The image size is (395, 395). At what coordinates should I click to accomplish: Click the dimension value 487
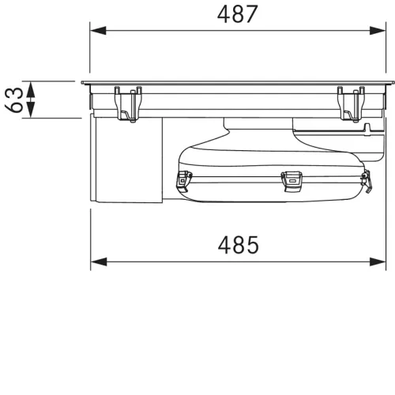tap(237, 14)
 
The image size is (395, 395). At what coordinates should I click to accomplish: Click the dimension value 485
tap(239, 245)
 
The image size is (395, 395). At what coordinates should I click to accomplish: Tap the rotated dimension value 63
tap(14, 100)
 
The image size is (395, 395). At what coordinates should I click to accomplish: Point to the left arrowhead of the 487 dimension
tap(98, 31)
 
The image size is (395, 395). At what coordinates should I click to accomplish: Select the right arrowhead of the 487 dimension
tap(378, 31)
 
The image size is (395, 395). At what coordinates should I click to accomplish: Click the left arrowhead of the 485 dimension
tap(99, 261)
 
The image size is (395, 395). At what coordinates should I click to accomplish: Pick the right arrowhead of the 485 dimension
tap(378, 261)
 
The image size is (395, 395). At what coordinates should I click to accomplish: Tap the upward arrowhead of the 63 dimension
tap(31, 89)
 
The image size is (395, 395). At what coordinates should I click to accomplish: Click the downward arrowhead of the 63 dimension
tap(31, 110)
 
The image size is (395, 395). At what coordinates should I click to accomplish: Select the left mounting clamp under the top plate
tap(128, 104)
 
